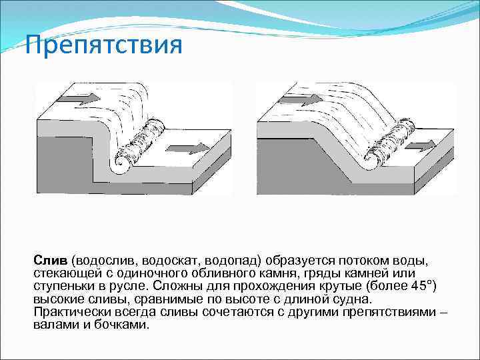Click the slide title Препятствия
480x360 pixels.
(x=103, y=47)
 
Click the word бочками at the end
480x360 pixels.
(x=125, y=325)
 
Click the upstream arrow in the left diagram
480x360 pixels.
(x=78, y=98)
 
